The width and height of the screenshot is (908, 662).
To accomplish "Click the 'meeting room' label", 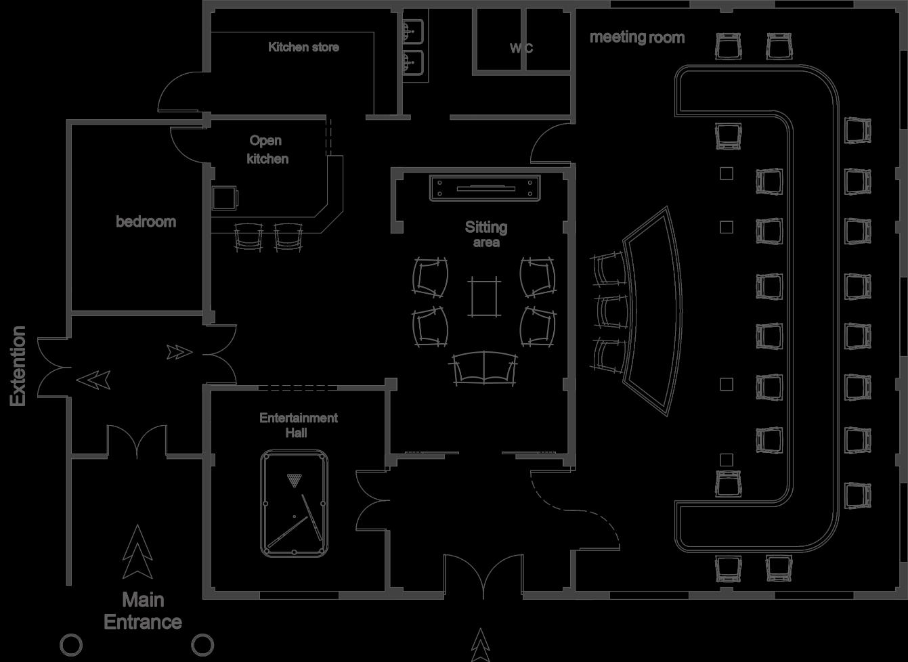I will (x=636, y=37).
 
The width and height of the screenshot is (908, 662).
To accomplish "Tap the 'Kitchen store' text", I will (x=303, y=47).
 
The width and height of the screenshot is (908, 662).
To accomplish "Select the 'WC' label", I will (x=521, y=48).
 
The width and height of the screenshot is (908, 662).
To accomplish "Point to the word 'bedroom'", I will (x=146, y=221).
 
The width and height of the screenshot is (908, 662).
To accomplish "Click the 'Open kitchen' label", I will (x=267, y=150).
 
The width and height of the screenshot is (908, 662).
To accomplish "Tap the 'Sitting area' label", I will (x=486, y=234).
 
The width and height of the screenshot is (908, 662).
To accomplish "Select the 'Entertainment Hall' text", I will (x=298, y=425).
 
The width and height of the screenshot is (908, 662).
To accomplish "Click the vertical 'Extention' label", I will (x=18, y=366).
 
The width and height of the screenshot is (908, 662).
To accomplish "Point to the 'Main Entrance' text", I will (x=143, y=611).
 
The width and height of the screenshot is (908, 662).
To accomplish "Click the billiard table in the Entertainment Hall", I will (x=294, y=504).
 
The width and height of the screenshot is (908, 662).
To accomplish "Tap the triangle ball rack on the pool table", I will (x=294, y=481).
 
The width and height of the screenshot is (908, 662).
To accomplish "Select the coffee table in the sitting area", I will (x=485, y=297).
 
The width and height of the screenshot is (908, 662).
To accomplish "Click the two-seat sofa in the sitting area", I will (x=484, y=369).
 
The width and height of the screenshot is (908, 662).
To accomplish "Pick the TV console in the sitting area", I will (x=485, y=187).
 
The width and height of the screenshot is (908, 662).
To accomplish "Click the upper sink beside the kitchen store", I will (x=411, y=30).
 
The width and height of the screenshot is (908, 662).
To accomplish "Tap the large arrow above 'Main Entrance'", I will (x=138, y=552).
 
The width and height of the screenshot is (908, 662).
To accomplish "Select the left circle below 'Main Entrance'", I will (x=71, y=644).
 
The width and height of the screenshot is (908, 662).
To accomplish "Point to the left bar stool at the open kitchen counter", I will (x=248, y=238).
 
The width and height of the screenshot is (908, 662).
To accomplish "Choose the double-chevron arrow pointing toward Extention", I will (x=93, y=380).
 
